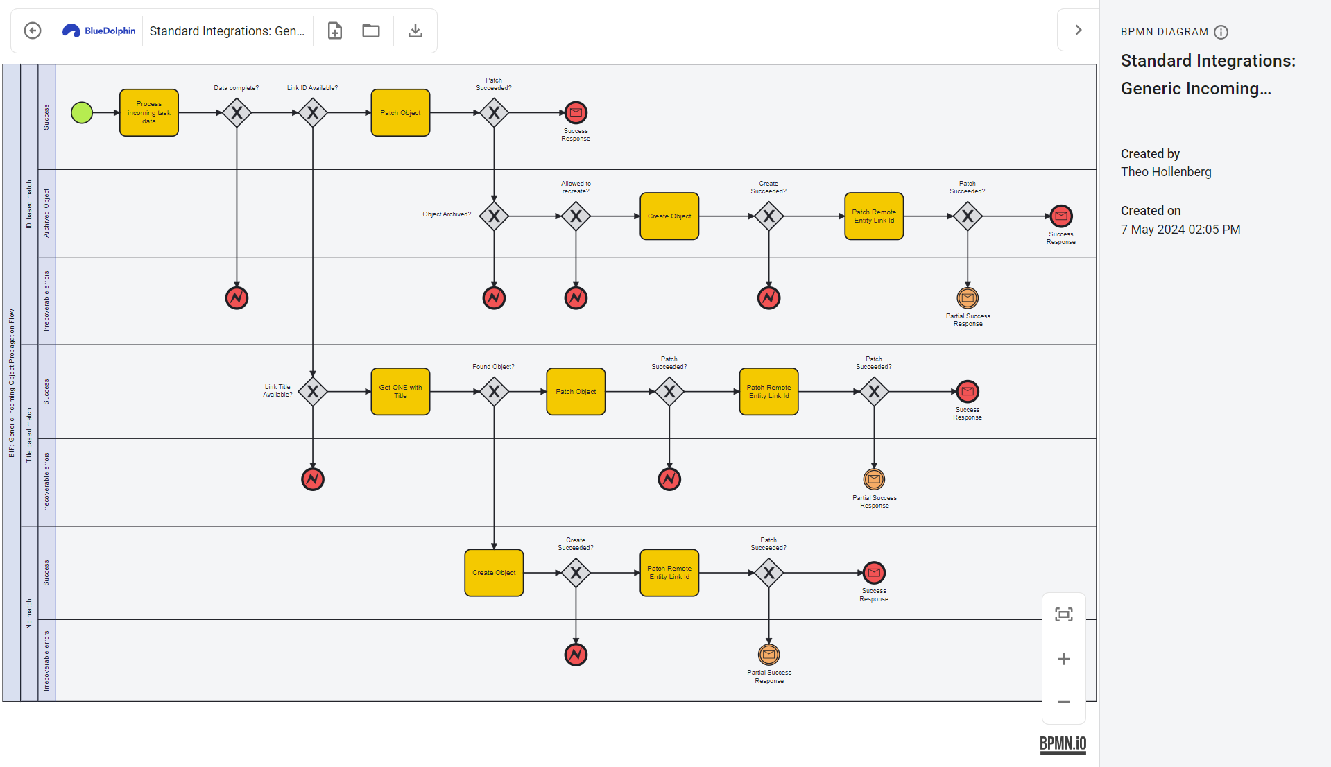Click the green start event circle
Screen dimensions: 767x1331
[x=82, y=112]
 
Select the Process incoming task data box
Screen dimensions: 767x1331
[x=149, y=112]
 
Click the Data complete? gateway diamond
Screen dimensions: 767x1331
[x=237, y=112]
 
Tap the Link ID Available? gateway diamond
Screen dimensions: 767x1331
[x=313, y=112]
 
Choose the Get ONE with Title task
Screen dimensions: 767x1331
[x=400, y=392]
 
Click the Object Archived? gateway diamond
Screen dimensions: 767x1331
[x=494, y=216]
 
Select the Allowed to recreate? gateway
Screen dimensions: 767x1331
[x=576, y=216]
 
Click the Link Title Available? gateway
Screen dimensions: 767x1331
[x=313, y=392]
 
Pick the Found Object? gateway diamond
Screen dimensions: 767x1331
[x=494, y=392]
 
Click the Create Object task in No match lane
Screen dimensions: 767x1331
[x=494, y=573]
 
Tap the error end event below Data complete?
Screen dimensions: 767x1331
[x=237, y=298]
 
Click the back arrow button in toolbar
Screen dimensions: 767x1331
[x=33, y=31]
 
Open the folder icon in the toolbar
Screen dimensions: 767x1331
[x=371, y=31]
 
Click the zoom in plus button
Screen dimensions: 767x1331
[x=1063, y=659]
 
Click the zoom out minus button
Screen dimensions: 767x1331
[x=1063, y=702]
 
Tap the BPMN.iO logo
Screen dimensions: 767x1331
[x=1063, y=744]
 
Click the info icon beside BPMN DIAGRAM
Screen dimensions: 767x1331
[x=1221, y=32]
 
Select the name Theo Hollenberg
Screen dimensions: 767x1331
[x=1166, y=172]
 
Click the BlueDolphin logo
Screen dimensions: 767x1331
[x=99, y=31]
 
